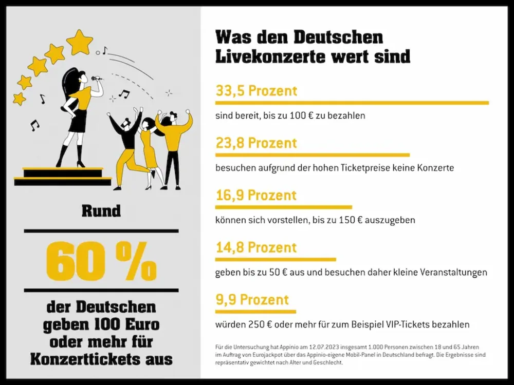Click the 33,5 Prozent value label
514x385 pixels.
tap(256, 91)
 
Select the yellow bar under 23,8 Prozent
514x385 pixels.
tap(312, 155)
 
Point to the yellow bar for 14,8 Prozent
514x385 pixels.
tap(275, 259)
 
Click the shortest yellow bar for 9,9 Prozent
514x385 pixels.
tap(255, 312)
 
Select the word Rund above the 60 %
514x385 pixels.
tap(101, 211)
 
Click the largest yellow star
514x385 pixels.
tap(80, 42)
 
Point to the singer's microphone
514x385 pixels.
tap(96, 79)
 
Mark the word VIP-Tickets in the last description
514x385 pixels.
tap(406, 324)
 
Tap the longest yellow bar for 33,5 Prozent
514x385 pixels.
tap(352, 103)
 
